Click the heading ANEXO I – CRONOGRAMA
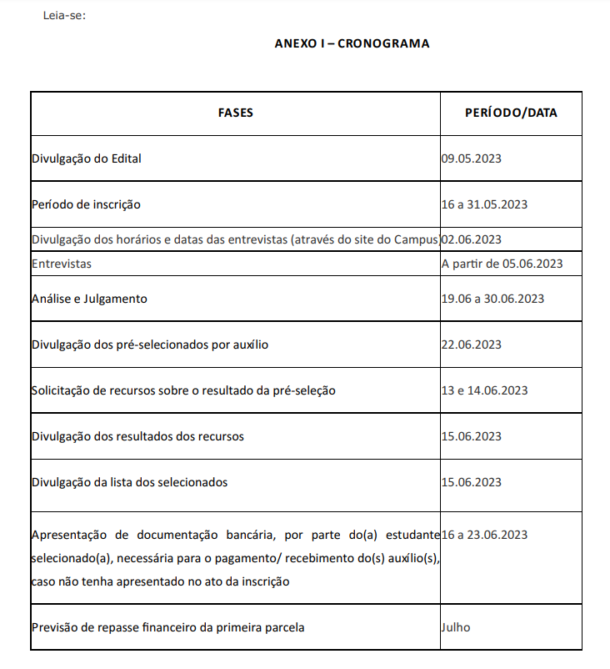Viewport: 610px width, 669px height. (x=352, y=43)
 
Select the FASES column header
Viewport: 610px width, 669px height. (x=236, y=113)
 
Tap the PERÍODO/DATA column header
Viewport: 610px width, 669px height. (x=511, y=113)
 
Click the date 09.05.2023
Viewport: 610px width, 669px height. (x=471, y=158)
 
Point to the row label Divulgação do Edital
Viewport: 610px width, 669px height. (x=87, y=158)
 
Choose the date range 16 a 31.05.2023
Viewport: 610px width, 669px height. (x=484, y=204)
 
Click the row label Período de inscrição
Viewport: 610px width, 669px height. (x=86, y=204)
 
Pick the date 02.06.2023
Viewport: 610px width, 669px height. (x=472, y=239)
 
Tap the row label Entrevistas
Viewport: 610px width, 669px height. (x=62, y=264)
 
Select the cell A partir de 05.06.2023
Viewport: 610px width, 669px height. (x=502, y=264)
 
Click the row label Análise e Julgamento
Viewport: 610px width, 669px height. (x=89, y=298)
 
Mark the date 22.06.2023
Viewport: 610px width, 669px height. (x=471, y=344)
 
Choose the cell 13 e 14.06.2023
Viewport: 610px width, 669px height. (x=484, y=390)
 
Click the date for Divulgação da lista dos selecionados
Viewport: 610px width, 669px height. (x=471, y=482)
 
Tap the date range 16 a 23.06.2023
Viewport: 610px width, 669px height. (x=484, y=535)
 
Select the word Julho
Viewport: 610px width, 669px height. (x=456, y=627)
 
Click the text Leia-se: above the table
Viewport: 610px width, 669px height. (x=64, y=16)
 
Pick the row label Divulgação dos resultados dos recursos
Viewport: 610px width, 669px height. (x=137, y=436)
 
